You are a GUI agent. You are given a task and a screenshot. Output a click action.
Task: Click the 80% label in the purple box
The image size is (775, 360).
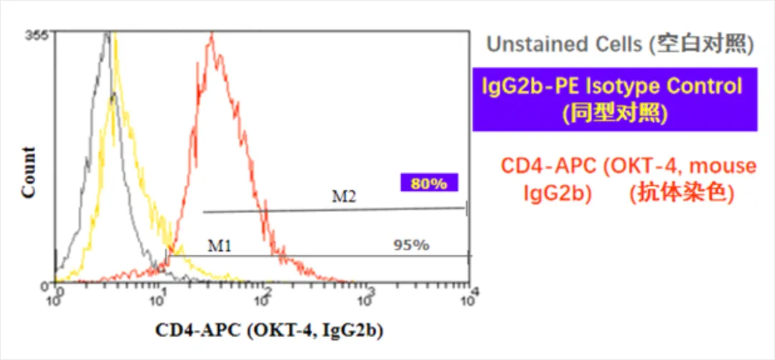pos(429,183)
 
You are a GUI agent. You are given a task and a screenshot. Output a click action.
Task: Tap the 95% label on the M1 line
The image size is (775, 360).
pos(412,245)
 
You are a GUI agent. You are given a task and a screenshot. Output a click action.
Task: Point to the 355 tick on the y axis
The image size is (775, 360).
pos(36,35)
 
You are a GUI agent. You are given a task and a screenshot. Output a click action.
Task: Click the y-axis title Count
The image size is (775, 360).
pos(29,172)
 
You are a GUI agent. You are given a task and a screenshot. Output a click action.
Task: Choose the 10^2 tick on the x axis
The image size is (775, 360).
pos(264,295)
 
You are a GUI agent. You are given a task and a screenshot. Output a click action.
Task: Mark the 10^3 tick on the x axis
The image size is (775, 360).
pos(366,295)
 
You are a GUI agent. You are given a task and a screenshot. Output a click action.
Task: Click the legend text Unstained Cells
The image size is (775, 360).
pos(565,44)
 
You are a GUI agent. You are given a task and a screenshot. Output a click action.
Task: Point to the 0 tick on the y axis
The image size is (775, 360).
pos(44,285)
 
